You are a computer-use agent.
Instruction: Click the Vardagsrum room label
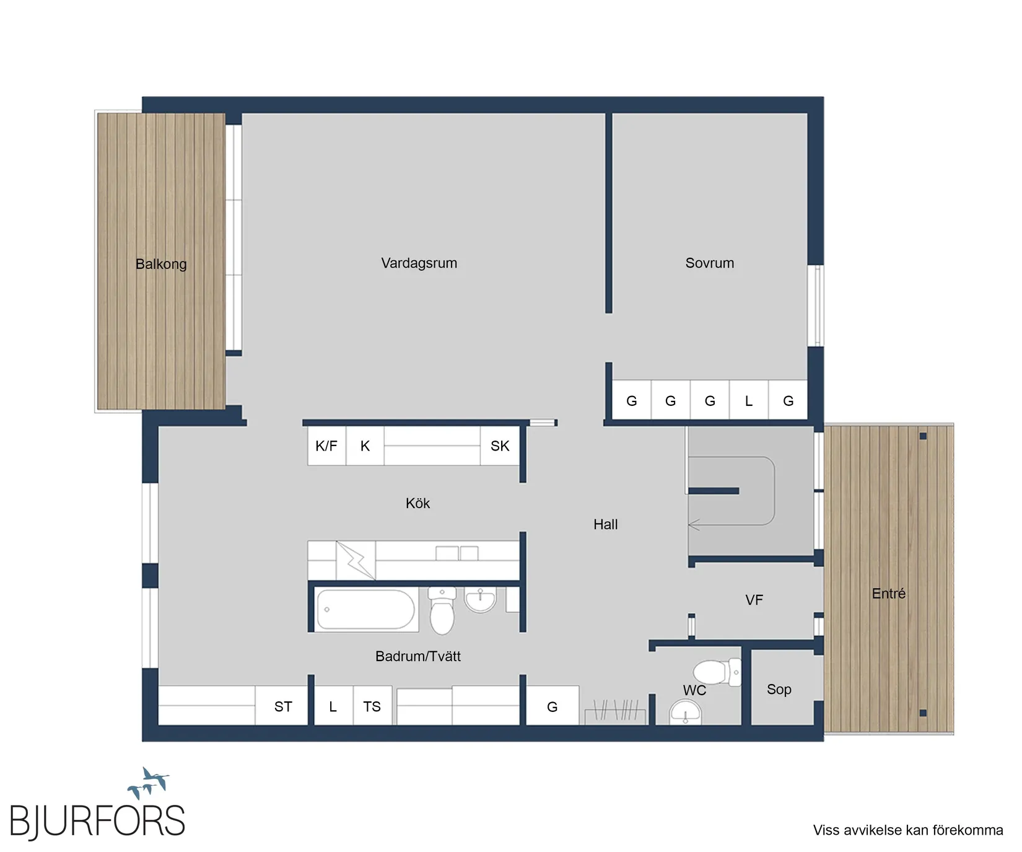419,263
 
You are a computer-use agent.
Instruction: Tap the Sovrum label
709,263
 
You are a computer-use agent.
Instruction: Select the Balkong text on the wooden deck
161,264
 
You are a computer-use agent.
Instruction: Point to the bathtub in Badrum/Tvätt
365,610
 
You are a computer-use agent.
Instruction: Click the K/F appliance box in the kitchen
326,446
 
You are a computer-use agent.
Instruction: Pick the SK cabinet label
499,446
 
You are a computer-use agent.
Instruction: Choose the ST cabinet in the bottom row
283,706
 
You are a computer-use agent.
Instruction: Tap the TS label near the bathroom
372,706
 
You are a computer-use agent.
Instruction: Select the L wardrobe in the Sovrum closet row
748,401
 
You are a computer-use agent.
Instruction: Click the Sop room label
779,689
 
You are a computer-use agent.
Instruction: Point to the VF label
754,600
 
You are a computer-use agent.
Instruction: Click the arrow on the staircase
694,525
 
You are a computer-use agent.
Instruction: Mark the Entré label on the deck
888,594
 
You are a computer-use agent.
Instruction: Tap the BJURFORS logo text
97,821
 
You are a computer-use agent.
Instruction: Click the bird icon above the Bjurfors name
149,783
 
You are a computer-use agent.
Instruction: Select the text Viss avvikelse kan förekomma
907,830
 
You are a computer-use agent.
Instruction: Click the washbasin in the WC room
685,713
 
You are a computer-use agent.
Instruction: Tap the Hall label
605,524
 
